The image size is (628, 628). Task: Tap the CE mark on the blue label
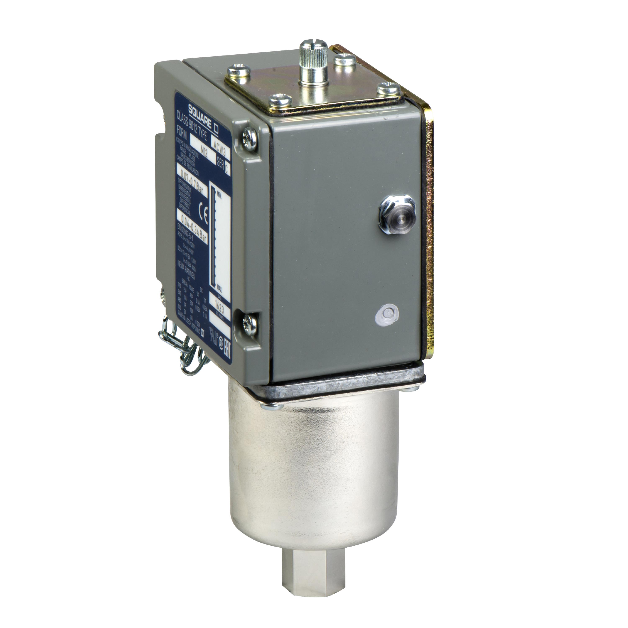(205, 215)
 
